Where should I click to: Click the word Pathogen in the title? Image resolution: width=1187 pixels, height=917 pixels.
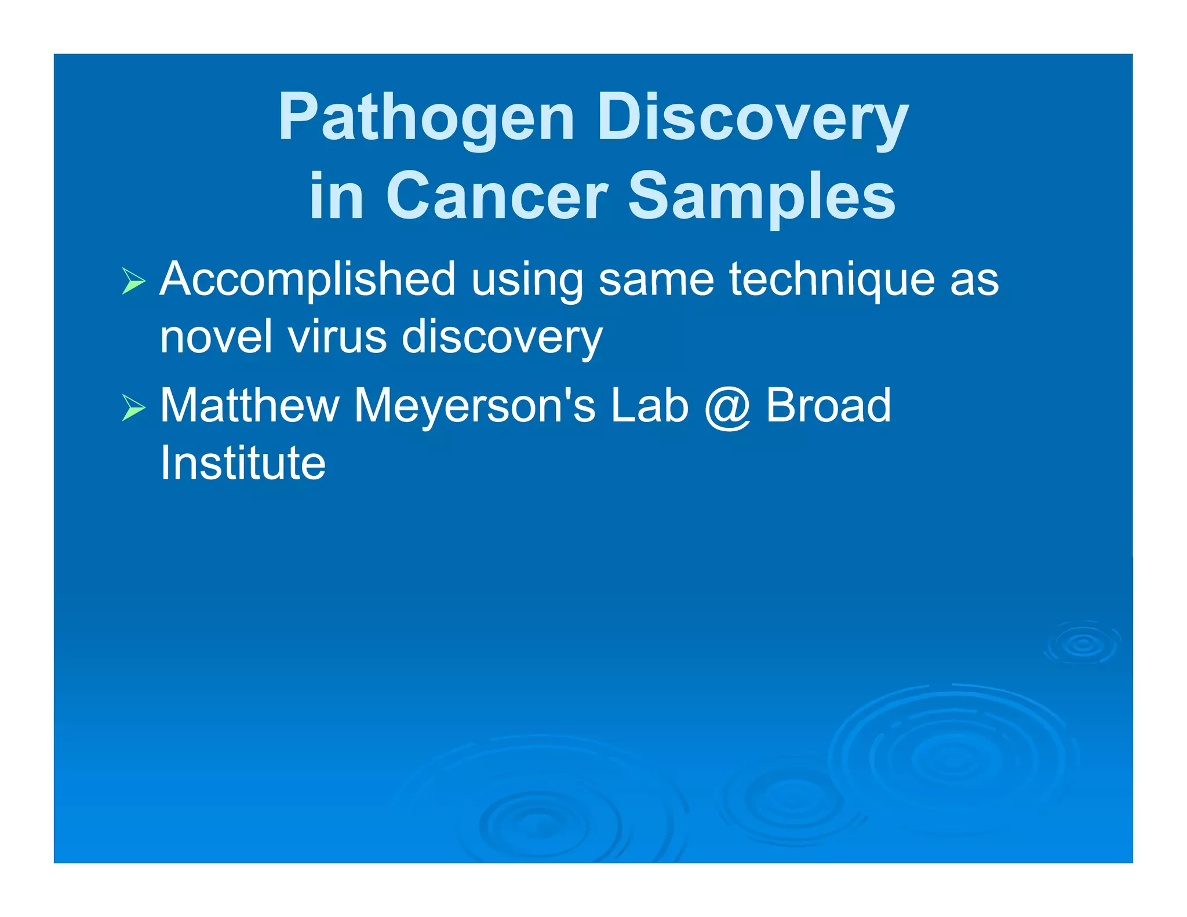(426, 119)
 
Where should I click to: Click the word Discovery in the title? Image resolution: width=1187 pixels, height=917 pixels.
(752, 119)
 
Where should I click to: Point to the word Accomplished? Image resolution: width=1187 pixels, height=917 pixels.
(307, 281)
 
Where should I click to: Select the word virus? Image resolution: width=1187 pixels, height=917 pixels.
(337, 337)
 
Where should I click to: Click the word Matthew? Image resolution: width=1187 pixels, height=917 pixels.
(249, 406)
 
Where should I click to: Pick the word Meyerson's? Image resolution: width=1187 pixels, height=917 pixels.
(474, 406)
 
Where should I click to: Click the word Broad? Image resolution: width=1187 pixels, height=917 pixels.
(828, 406)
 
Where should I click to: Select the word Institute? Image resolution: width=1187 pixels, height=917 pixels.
(243, 463)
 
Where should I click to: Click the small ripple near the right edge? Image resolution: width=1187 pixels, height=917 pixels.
(1082, 643)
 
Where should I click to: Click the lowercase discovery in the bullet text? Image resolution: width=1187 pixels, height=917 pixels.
(502, 338)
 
